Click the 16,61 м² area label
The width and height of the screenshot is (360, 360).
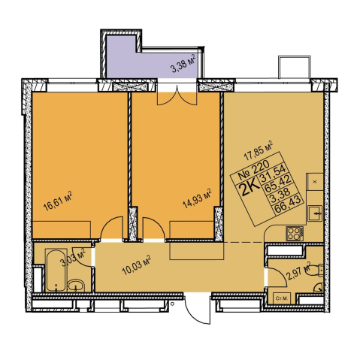(58, 201)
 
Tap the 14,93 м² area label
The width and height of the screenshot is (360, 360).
(198, 198)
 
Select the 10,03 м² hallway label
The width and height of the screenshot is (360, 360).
(136, 265)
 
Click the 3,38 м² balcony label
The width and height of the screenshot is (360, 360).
(183, 64)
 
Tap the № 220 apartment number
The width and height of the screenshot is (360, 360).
(253, 170)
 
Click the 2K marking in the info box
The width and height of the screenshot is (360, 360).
(249, 189)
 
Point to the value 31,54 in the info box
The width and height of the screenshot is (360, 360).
(273, 174)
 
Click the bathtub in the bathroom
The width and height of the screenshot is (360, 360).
(56, 270)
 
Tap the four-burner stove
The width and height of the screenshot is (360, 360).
(295, 233)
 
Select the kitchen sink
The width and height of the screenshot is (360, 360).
(315, 213)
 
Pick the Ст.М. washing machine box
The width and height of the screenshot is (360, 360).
(282, 298)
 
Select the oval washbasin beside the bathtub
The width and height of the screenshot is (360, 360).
(76, 286)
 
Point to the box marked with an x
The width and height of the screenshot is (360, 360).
(315, 182)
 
